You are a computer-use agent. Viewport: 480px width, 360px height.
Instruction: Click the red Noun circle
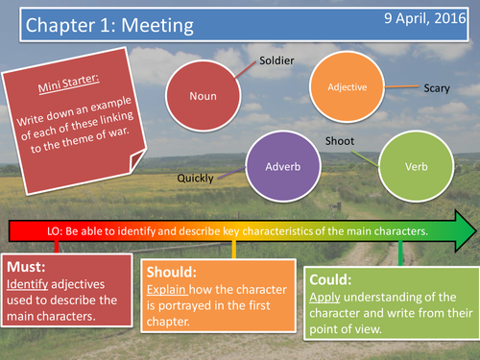(204, 96)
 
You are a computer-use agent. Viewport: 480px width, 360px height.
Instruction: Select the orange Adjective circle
(348, 86)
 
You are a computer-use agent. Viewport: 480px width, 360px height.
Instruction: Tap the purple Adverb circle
(283, 166)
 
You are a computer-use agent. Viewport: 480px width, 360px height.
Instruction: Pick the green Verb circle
(417, 166)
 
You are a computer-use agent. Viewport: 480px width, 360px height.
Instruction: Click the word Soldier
(276, 60)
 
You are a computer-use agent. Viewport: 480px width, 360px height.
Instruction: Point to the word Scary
(437, 88)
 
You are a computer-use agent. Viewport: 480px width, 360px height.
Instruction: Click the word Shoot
(340, 141)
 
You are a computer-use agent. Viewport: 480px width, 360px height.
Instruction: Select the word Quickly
(195, 179)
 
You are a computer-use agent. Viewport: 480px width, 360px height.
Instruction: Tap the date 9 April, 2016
(425, 18)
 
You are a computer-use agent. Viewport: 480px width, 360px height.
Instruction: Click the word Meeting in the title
(157, 26)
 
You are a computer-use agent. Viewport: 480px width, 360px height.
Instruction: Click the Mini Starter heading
(68, 84)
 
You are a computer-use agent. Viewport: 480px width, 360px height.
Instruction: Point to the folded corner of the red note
(137, 160)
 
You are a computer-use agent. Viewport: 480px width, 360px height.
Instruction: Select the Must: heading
(26, 267)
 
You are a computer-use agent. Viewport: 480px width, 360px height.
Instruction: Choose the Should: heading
(172, 273)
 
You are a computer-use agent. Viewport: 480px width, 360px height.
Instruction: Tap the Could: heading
(330, 279)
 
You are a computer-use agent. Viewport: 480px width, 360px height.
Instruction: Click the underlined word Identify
(28, 284)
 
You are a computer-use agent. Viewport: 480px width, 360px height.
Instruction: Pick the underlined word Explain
(166, 290)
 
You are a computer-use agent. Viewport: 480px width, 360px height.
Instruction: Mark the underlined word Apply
(324, 298)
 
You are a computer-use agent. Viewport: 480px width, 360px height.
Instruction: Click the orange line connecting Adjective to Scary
(401, 86)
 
